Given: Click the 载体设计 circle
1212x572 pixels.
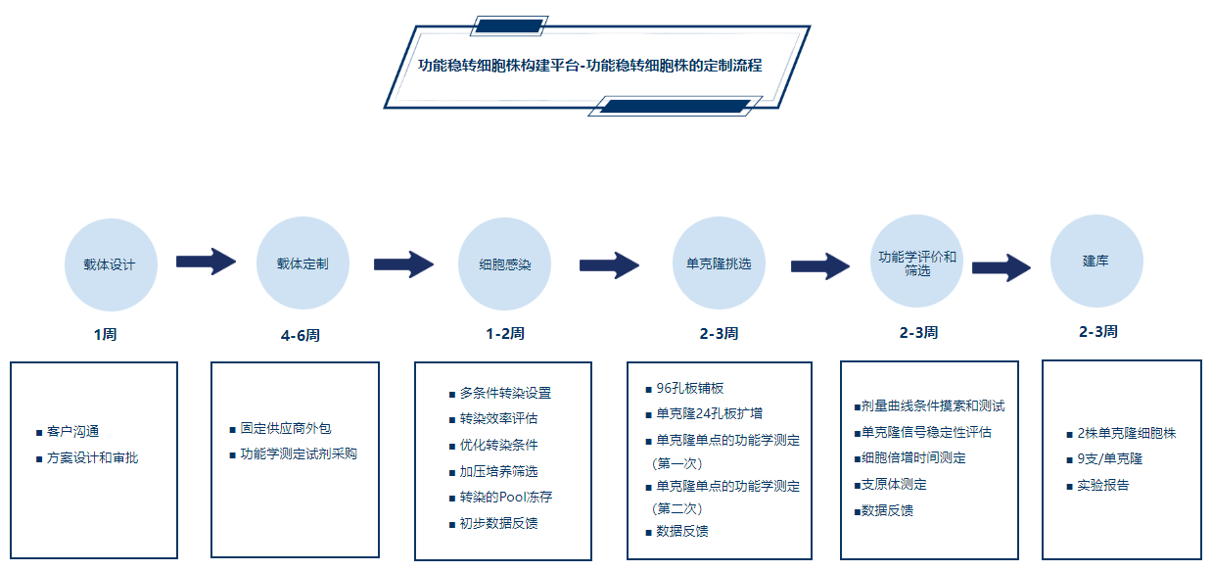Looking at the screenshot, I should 110,264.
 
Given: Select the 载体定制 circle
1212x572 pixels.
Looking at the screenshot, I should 303,263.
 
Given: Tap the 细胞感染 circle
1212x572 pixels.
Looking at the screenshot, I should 505,264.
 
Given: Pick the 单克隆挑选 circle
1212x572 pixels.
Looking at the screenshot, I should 719,263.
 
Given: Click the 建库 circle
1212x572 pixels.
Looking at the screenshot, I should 1096,262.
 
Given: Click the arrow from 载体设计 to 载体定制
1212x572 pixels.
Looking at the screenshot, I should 206,262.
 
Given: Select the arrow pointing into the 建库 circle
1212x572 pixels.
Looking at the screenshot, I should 1001,267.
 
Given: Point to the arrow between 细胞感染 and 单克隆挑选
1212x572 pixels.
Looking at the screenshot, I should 609,265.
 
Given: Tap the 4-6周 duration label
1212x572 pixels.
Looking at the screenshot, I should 300,335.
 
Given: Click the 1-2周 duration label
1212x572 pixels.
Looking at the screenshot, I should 504,333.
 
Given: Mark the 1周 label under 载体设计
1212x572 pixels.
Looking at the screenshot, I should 105,334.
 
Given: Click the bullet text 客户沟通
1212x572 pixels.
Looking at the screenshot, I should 72,431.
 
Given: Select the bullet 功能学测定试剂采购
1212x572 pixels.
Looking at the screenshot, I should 299,453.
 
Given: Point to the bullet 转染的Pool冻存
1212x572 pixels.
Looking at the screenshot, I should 506,497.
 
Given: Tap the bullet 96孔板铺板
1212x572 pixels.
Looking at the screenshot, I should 689,388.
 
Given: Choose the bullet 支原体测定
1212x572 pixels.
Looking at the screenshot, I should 894,484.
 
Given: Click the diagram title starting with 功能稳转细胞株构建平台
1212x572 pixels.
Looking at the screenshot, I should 590,66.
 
